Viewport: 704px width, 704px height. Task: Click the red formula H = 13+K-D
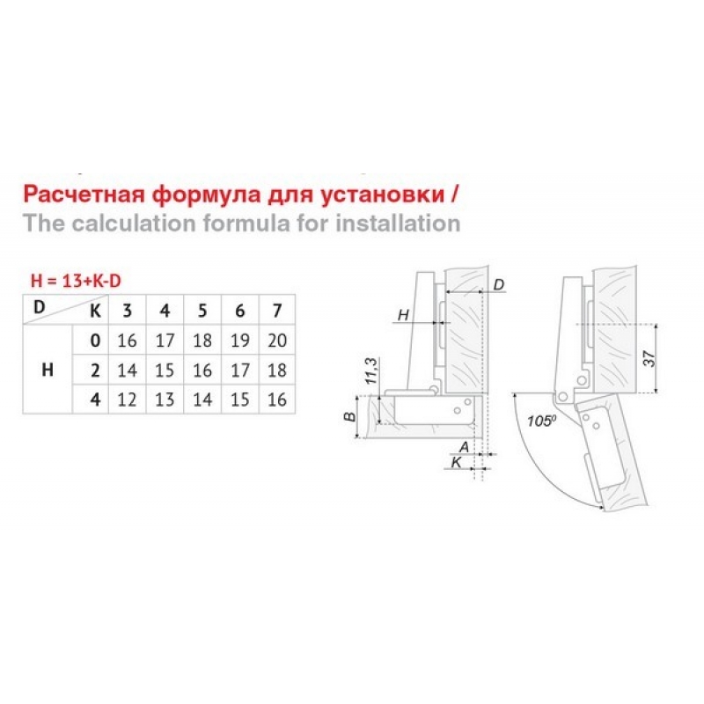click(x=76, y=281)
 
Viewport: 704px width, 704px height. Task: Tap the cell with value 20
click(x=277, y=341)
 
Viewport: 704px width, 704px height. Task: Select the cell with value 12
click(x=127, y=400)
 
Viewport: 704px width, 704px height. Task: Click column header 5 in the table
click(x=202, y=311)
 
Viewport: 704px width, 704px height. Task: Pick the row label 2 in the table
click(x=95, y=370)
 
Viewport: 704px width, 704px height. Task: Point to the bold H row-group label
click(x=48, y=370)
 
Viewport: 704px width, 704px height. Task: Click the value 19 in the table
click(x=240, y=341)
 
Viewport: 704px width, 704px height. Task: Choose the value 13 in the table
click(x=165, y=400)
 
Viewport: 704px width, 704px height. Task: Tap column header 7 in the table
click(x=277, y=311)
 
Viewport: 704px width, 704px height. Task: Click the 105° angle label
click(x=541, y=422)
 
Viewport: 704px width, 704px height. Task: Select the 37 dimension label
click(x=649, y=358)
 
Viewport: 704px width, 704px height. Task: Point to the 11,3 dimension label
click(x=371, y=370)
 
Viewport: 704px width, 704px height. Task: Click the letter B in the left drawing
click(x=349, y=416)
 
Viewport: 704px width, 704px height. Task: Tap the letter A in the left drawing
click(x=464, y=447)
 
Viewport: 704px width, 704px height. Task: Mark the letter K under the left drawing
click(x=456, y=462)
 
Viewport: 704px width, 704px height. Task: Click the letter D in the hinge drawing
click(x=498, y=284)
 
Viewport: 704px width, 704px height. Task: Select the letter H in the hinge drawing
click(x=403, y=315)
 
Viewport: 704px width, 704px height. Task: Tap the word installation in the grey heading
click(x=399, y=224)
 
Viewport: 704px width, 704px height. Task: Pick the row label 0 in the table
click(x=95, y=341)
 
